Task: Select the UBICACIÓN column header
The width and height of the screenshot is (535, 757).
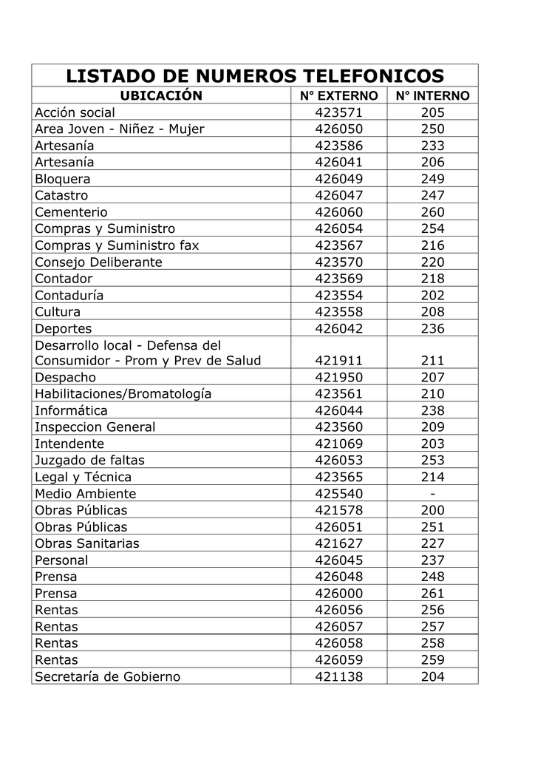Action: pos(161,96)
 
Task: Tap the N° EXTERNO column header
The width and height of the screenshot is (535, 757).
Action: pos(338,96)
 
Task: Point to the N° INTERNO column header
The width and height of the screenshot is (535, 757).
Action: pos(432,96)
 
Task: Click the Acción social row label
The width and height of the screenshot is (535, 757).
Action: pos(75,113)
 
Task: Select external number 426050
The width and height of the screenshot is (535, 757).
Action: pos(338,129)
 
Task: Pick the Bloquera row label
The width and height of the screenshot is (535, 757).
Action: pos(63,179)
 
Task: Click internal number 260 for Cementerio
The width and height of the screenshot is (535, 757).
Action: pos(432,212)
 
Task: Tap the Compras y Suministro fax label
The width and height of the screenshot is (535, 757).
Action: pos(117,245)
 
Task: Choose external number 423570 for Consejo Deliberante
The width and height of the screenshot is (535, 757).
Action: pos(338,262)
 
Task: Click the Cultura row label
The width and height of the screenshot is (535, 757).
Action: pos(58,312)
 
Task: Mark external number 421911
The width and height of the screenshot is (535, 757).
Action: pos(338,361)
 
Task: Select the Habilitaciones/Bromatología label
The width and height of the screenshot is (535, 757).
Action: pos(123,394)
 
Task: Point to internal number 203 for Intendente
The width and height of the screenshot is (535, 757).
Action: pos(432,444)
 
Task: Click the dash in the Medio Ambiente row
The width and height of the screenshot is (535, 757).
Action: pos(432,494)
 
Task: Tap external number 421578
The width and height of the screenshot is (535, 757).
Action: pos(338,511)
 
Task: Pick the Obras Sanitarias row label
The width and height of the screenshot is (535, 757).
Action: pos(87,544)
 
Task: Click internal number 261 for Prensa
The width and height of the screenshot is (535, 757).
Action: pos(432,594)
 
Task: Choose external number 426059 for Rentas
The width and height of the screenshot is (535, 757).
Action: pos(338,660)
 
